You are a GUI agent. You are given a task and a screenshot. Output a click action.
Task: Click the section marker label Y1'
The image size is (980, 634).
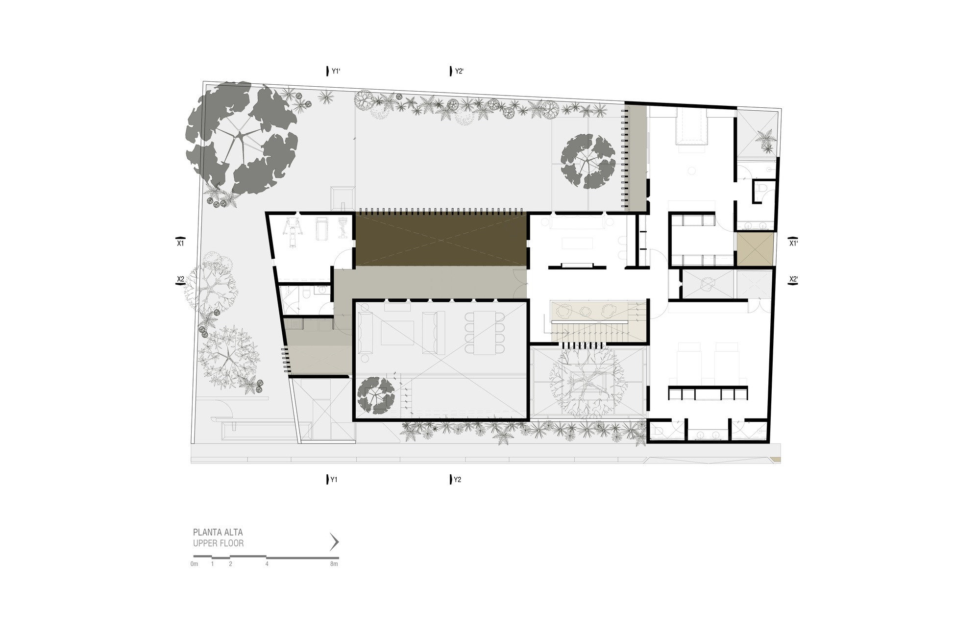[x=336, y=72]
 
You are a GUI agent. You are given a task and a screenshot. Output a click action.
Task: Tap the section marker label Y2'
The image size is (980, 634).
[x=459, y=72]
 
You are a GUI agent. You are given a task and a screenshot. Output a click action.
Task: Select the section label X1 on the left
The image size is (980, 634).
[x=180, y=243]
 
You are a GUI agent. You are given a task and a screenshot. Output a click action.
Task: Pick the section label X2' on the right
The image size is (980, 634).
[x=793, y=280]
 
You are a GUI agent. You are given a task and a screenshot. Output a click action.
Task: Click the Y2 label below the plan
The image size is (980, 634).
[x=457, y=480]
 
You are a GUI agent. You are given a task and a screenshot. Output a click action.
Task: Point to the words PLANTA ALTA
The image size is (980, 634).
[x=218, y=532]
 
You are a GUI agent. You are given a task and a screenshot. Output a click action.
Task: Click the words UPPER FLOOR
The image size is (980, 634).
[x=218, y=543]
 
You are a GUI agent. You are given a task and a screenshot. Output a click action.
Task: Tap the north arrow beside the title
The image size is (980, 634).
[x=335, y=542]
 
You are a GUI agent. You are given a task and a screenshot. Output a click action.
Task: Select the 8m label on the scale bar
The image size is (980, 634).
[x=334, y=564]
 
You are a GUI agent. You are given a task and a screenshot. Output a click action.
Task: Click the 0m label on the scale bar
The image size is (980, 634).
[x=195, y=564]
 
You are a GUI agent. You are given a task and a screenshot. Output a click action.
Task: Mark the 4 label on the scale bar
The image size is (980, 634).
[x=267, y=564]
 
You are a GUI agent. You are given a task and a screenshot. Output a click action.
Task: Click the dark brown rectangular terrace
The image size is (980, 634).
[x=441, y=240]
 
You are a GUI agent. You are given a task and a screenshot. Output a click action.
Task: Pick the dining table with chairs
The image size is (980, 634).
[x=485, y=332]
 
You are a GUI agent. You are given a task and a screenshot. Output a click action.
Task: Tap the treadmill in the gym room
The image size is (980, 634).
[x=322, y=229]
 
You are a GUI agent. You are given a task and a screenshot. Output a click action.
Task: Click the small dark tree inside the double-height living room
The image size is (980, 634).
[x=376, y=394]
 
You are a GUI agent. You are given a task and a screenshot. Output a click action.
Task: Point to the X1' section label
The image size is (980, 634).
[x=793, y=243]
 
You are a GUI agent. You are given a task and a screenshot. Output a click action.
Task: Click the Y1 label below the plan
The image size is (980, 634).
[x=334, y=480]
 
